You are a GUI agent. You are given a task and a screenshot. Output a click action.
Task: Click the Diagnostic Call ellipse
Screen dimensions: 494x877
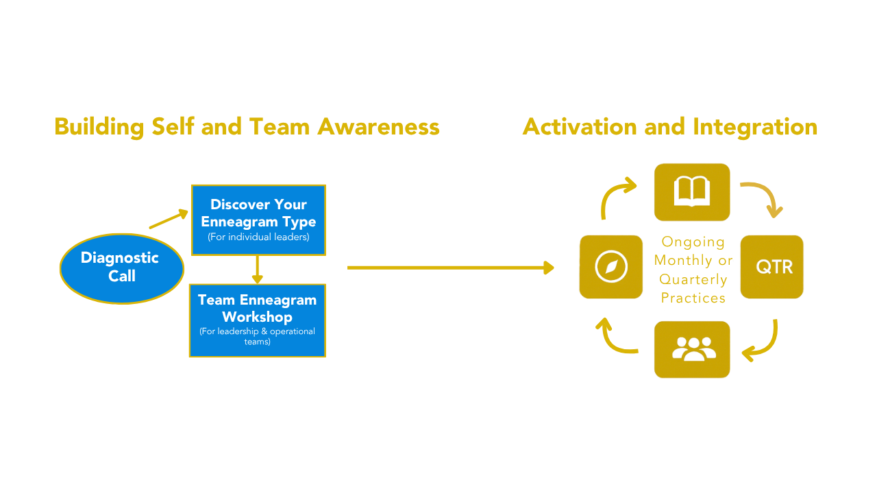121,268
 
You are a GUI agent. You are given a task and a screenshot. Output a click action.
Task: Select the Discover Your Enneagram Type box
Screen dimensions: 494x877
258,220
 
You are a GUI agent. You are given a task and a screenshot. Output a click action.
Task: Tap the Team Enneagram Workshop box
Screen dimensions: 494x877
258,320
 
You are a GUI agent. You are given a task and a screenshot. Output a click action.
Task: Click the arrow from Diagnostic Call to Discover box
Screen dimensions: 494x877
168,219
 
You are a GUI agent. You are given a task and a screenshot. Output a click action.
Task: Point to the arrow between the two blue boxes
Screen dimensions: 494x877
258,270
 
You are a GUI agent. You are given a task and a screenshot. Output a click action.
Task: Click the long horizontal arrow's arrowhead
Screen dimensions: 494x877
548,268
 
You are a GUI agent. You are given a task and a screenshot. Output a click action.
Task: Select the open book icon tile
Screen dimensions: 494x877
692,192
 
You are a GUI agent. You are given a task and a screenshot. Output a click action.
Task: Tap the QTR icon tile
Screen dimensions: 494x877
772,267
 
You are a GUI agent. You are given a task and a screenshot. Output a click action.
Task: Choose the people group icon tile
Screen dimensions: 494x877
692,349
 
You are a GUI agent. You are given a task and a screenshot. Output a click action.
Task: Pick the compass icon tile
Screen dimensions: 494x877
610,267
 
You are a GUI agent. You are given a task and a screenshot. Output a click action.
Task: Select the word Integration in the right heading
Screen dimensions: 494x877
755,127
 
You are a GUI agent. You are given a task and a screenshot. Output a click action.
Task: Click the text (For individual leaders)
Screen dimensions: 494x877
258,237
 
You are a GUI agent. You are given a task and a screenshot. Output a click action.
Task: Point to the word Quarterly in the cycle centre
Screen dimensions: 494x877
693,279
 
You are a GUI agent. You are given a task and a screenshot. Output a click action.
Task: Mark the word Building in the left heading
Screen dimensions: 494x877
99,127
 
